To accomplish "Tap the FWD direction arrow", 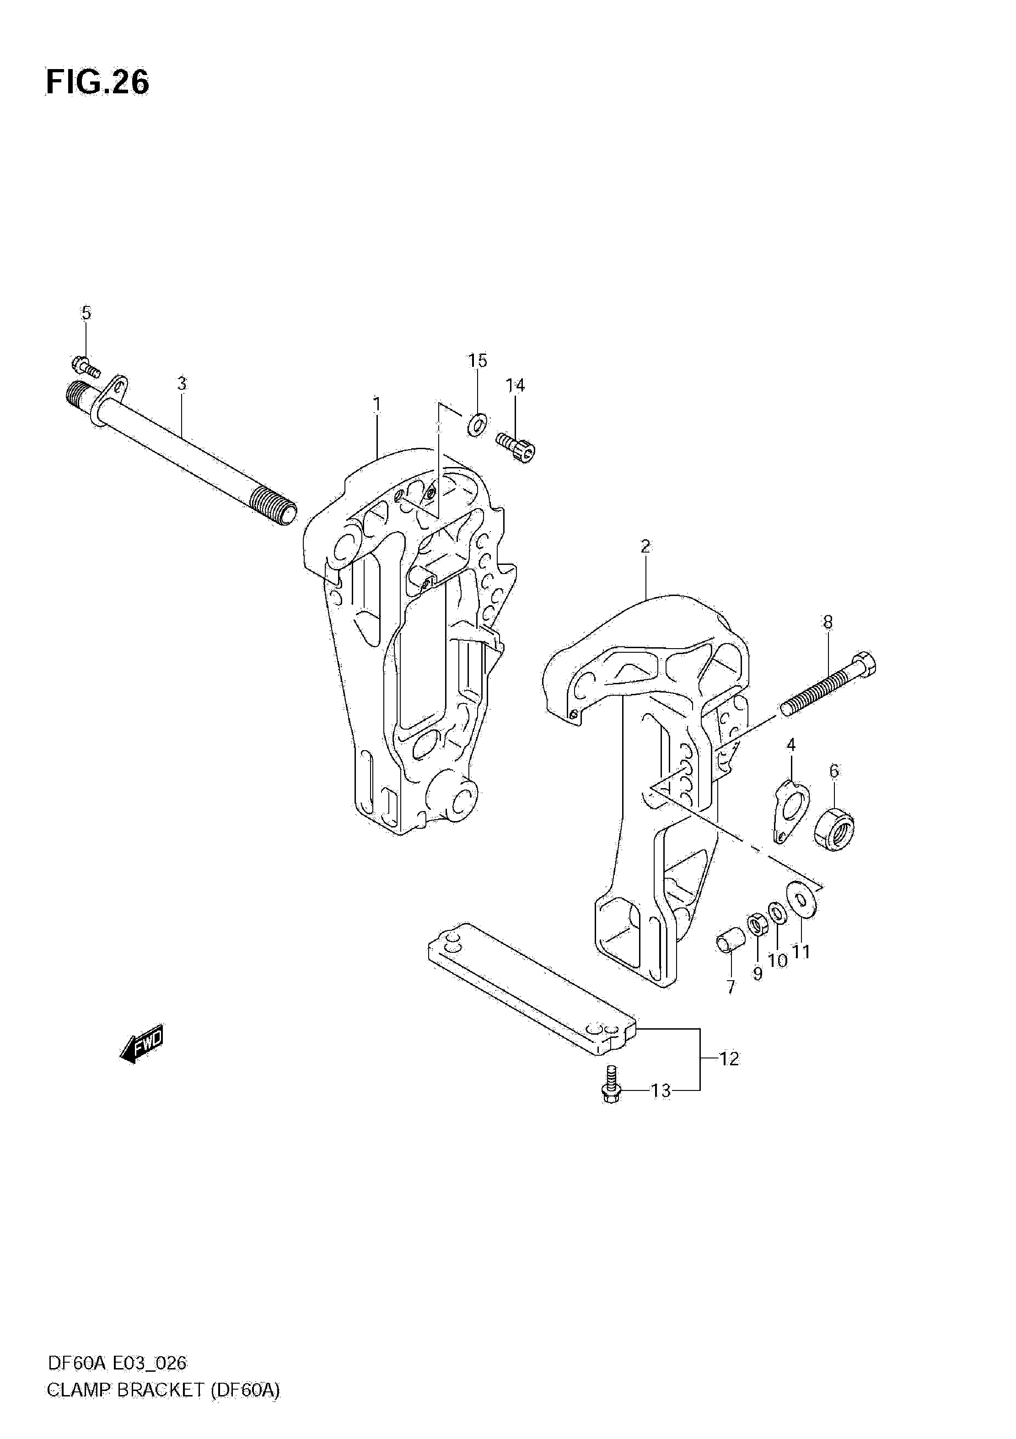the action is tap(142, 1043).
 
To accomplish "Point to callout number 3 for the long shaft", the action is tap(182, 384).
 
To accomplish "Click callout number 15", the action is tap(478, 360).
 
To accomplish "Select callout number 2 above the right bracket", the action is tap(645, 546).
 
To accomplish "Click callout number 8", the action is tap(828, 623).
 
